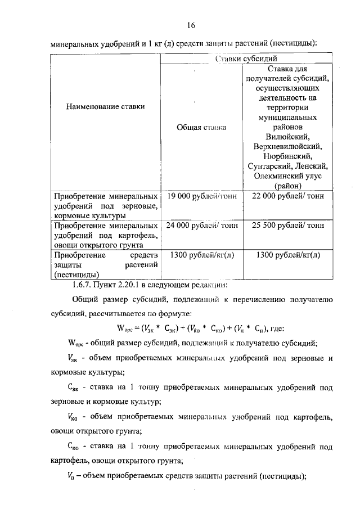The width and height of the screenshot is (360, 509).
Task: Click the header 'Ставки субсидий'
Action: click(246, 58)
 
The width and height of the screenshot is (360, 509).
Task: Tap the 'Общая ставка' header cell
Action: click(201, 128)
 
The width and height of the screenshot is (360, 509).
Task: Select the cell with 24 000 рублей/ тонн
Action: click(201, 225)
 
